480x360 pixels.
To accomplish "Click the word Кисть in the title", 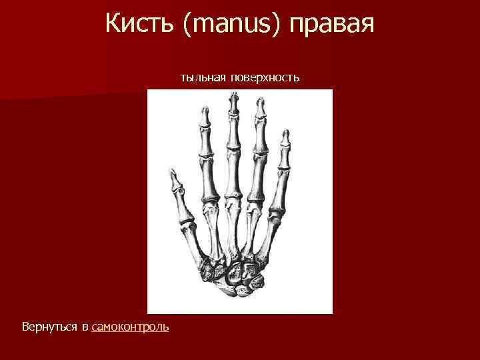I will click(137, 25).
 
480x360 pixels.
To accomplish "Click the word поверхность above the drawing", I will click(265, 79).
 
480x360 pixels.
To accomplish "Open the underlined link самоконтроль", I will click(131, 327).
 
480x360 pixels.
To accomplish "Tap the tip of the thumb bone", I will click(175, 175).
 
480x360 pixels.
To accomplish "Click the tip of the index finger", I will click(204, 111).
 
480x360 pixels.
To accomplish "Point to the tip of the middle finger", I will click(233, 98).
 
